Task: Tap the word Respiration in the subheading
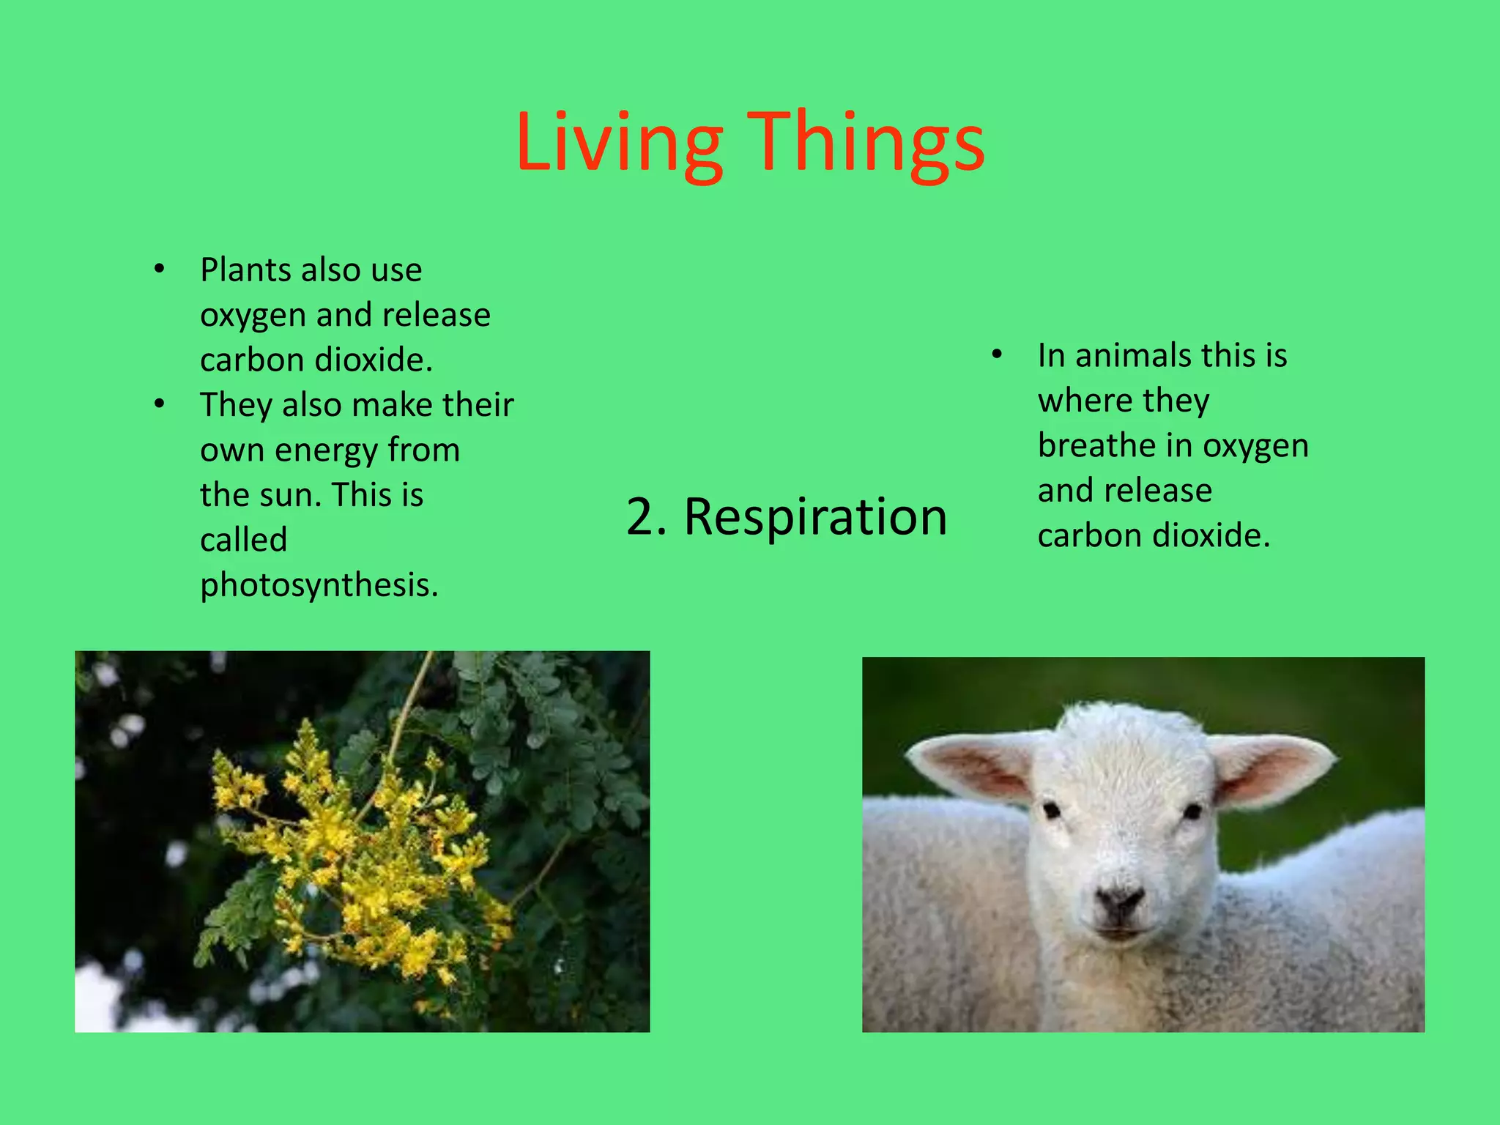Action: (x=815, y=516)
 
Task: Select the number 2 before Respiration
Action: (x=642, y=516)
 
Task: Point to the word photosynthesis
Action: (x=319, y=584)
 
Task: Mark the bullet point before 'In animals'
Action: (x=996, y=355)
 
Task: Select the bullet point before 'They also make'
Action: (x=160, y=404)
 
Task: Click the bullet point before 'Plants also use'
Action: (x=160, y=270)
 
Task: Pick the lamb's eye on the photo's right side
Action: (x=1192, y=812)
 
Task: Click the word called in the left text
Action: (x=244, y=540)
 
